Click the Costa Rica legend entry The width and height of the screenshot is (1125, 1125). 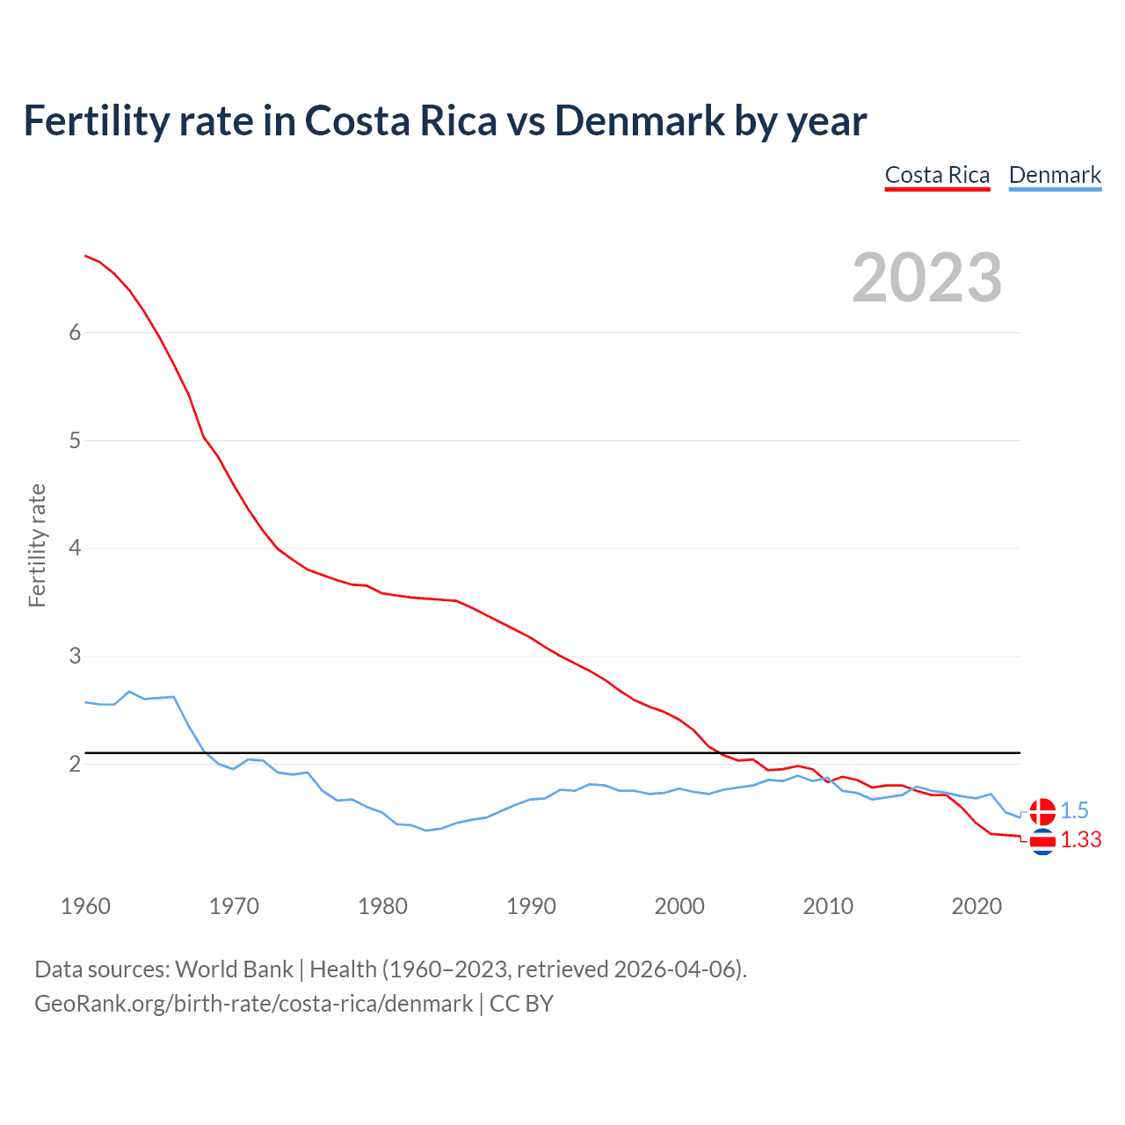point(937,175)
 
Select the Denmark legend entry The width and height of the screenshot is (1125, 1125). point(1055,175)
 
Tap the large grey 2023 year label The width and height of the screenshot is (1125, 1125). point(927,278)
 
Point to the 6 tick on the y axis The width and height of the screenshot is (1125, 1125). point(75,332)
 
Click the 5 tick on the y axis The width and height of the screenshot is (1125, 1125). point(75,440)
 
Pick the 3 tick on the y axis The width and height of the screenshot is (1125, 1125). point(75,657)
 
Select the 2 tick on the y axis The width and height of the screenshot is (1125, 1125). point(75,764)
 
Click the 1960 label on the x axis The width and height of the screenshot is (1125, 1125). point(85,906)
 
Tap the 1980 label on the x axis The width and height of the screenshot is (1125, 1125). point(382,906)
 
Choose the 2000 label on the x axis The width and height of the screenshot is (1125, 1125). point(679,906)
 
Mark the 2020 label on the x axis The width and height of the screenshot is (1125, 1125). point(976,906)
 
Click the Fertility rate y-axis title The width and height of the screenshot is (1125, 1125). point(37,545)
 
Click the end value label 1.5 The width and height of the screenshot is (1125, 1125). point(1074,810)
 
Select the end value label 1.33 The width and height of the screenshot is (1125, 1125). point(1080,840)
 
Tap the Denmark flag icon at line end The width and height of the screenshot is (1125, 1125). point(1042,811)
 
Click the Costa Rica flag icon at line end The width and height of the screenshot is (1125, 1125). point(1042,842)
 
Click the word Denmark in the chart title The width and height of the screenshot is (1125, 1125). point(639,120)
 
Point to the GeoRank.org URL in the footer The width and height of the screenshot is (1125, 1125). point(253,1004)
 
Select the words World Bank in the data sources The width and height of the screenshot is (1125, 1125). point(234,969)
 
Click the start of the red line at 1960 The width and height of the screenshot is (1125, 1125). point(85,256)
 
